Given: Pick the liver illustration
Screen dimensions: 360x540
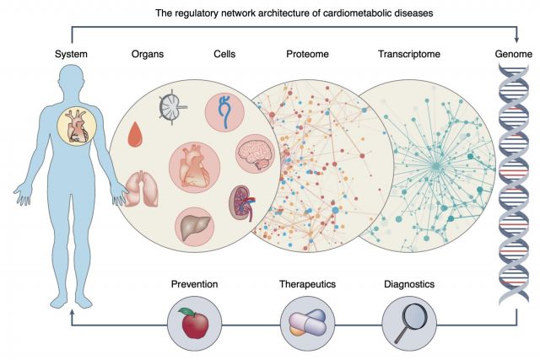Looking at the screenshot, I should click(x=196, y=228).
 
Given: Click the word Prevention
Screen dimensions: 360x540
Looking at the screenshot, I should click(x=195, y=284).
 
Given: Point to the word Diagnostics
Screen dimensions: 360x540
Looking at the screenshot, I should click(x=409, y=284).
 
